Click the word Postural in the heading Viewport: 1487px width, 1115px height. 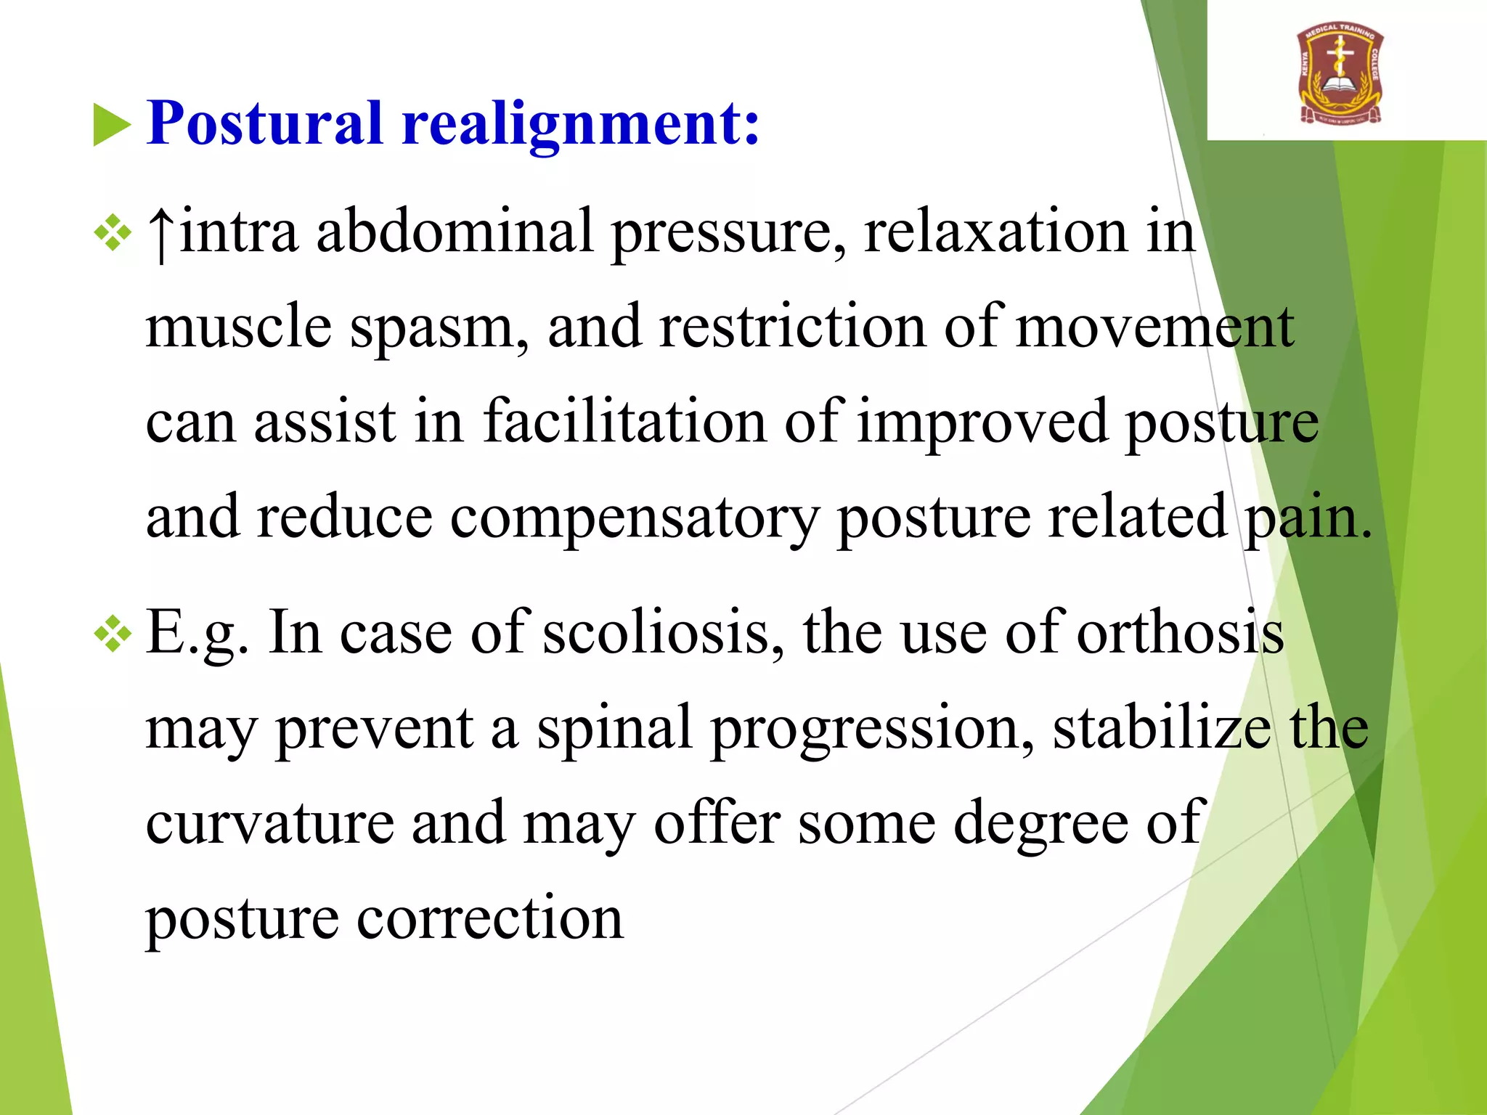pos(264,123)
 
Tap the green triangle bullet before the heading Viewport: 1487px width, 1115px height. pos(111,125)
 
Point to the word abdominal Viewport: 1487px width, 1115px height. pos(455,231)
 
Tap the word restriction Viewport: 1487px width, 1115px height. pos(791,327)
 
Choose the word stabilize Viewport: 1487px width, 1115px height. pos(1162,727)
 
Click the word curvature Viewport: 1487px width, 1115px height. pos(269,823)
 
